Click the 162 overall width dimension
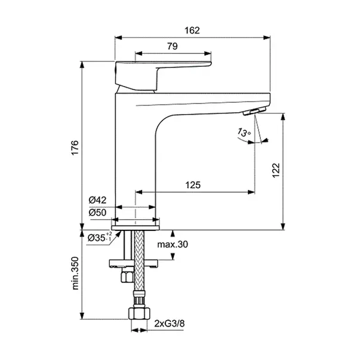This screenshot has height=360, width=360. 192,30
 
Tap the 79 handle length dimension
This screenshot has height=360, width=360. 173,46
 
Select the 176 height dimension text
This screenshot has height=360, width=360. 75,148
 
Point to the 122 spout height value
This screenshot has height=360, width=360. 276,170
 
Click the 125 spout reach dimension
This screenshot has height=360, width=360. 193,185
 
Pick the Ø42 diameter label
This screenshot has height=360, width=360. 97,200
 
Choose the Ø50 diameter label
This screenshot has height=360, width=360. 97,213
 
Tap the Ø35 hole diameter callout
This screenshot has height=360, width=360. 100,237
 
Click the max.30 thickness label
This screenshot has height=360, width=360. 173,244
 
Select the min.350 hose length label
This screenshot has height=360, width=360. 75,273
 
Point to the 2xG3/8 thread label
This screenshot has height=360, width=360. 170,324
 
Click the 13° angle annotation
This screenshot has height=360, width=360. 244,133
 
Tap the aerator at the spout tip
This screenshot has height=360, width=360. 254,111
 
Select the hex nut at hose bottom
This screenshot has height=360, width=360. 139,313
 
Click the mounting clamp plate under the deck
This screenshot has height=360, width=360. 134,263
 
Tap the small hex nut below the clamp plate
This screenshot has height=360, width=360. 127,276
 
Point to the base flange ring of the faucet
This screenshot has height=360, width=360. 136,227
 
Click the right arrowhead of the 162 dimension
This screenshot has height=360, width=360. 267,38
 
